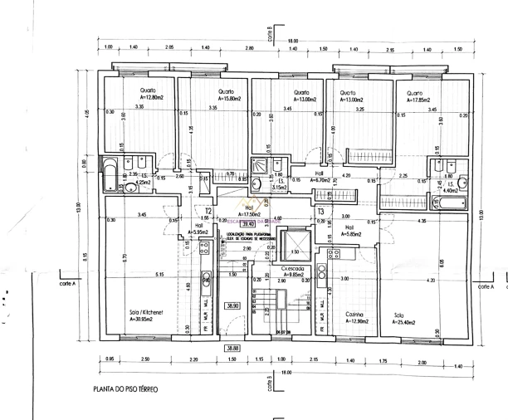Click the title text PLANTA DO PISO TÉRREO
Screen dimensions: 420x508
click(125, 388)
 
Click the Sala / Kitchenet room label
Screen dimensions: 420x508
click(146, 315)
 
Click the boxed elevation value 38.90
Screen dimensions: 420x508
click(233, 305)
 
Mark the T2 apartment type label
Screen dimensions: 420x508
click(209, 212)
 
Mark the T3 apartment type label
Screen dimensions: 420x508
click(320, 212)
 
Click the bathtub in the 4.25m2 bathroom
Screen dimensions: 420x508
click(109, 172)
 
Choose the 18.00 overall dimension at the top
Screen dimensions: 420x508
click(292, 41)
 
